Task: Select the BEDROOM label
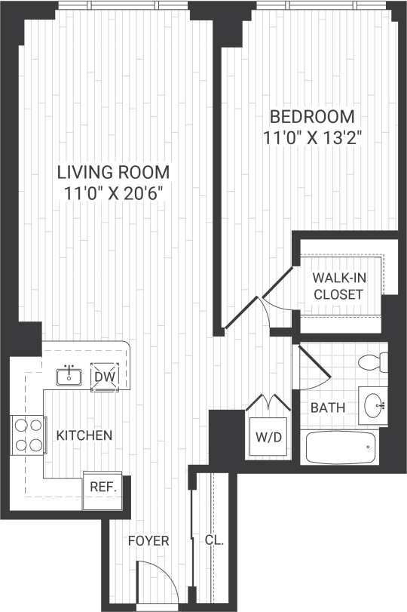(x=312, y=117)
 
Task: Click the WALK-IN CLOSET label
(x=338, y=286)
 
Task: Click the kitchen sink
(x=69, y=375)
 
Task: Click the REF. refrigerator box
(x=103, y=487)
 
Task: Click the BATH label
(x=328, y=407)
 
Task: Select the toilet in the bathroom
(x=372, y=361)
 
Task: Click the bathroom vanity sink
(x=373, y=406)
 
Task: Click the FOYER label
(x=148, y=541)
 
